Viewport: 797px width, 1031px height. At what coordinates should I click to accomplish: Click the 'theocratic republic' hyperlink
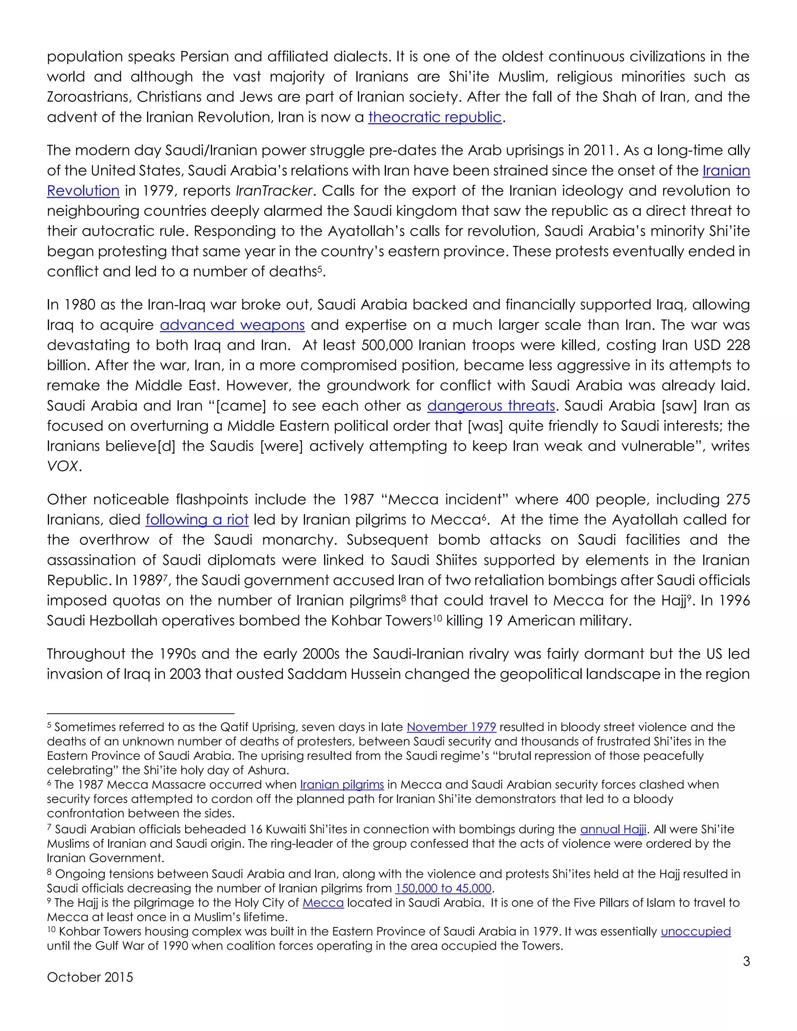point(434,117)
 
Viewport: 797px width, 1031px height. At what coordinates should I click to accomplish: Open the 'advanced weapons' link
point(232,325)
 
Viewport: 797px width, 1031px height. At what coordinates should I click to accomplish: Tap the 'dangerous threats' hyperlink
point(491,406)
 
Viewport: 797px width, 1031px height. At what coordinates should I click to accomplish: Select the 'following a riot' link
point(197,520)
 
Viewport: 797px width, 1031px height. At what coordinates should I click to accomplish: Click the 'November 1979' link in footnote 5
point(451,727)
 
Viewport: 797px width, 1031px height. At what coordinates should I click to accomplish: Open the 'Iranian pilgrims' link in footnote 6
point(342,785)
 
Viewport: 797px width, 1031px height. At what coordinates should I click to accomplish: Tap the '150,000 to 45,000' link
point(443,889)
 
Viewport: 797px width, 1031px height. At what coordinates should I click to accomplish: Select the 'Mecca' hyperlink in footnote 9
point(323,903)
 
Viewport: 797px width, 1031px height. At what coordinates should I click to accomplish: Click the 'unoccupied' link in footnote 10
point(695,931)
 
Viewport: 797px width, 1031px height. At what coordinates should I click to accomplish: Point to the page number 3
point(746,962)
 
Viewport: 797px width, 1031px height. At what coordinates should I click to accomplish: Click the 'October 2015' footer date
point(90,977)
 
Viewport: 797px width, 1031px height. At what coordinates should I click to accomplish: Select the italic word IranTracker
point(274,191)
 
